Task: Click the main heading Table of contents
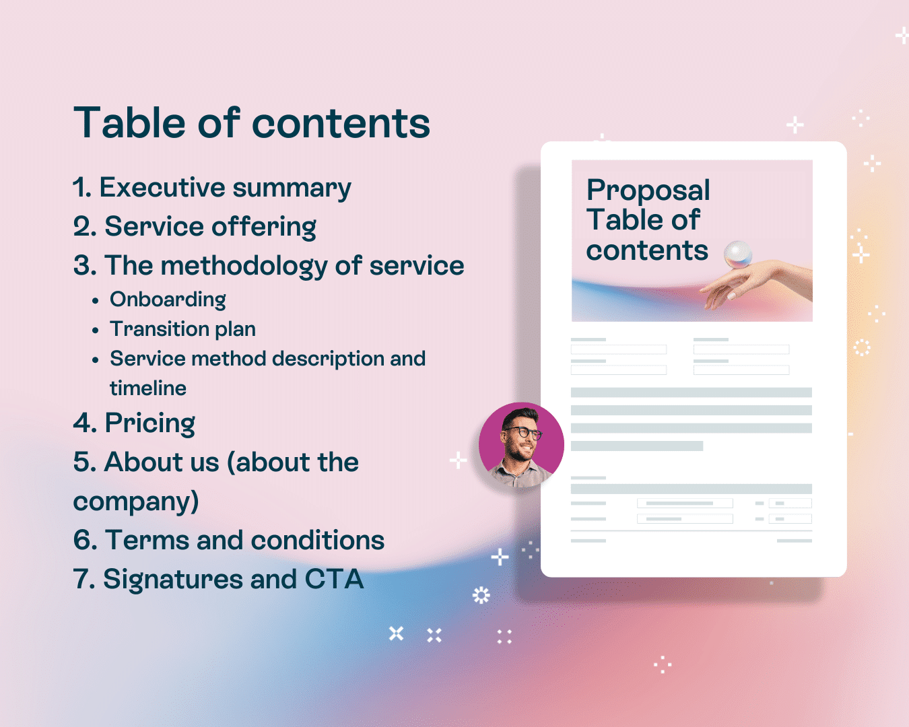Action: (x=252, y=123)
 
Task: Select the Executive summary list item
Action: (x=212, y=188)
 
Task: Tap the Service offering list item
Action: (x=195, y=226)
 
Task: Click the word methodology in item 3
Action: (x=244, y=266)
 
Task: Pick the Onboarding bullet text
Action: (x=168, y=300)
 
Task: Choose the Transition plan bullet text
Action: (x=183, y=329)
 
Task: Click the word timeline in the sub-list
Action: (x=148, y=388)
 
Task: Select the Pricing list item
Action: (x=134, y=423)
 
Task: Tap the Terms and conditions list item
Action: (x=228, y=541)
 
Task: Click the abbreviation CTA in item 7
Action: (x=334, y=579)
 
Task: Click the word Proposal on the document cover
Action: (x=648, y=191)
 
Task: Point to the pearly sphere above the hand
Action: (x=737, y=254)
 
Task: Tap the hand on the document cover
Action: (x=756, y=283)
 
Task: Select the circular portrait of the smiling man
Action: (x=521, y=445)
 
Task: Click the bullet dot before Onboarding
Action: (x=96, y=301)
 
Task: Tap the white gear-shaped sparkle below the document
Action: (x=481, y=596)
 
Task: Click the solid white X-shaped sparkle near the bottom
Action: (x=396, y=633)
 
